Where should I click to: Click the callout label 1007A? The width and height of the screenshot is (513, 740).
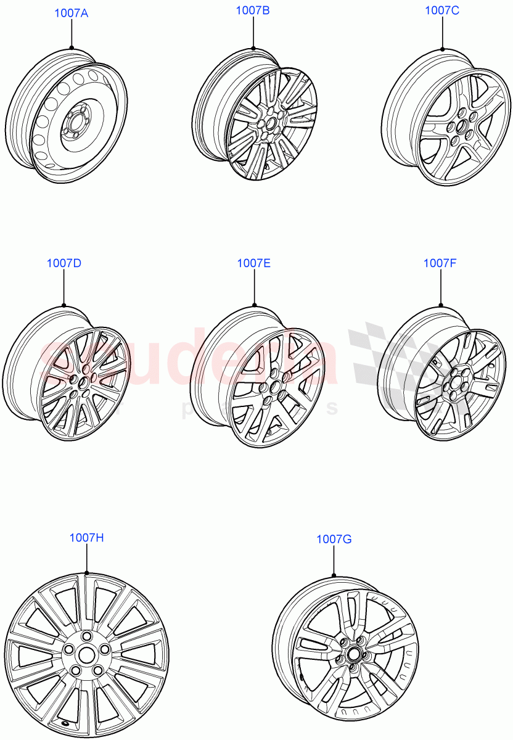pos(71,13)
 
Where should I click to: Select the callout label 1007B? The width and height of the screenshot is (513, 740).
pos(253,10)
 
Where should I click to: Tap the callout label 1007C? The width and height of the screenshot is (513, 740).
pos(442,10)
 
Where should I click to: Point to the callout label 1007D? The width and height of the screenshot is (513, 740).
pos(64,263)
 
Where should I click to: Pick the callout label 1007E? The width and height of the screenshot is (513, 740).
pos(254,263)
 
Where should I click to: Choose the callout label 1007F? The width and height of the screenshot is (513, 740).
pos(440,263)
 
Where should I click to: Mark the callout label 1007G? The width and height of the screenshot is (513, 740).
pos(334,540)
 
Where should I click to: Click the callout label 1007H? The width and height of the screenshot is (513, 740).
pos(86,538)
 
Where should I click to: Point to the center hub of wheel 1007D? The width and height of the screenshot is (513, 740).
pos(81,385)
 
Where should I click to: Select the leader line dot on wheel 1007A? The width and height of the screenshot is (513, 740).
pos(71,47)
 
